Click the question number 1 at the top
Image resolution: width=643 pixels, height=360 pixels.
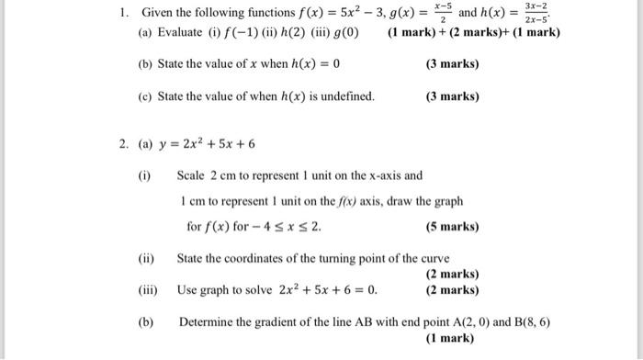(121, 13)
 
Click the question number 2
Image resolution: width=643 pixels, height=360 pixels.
(121, 143)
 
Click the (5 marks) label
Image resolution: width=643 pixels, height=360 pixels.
(453, 226)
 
